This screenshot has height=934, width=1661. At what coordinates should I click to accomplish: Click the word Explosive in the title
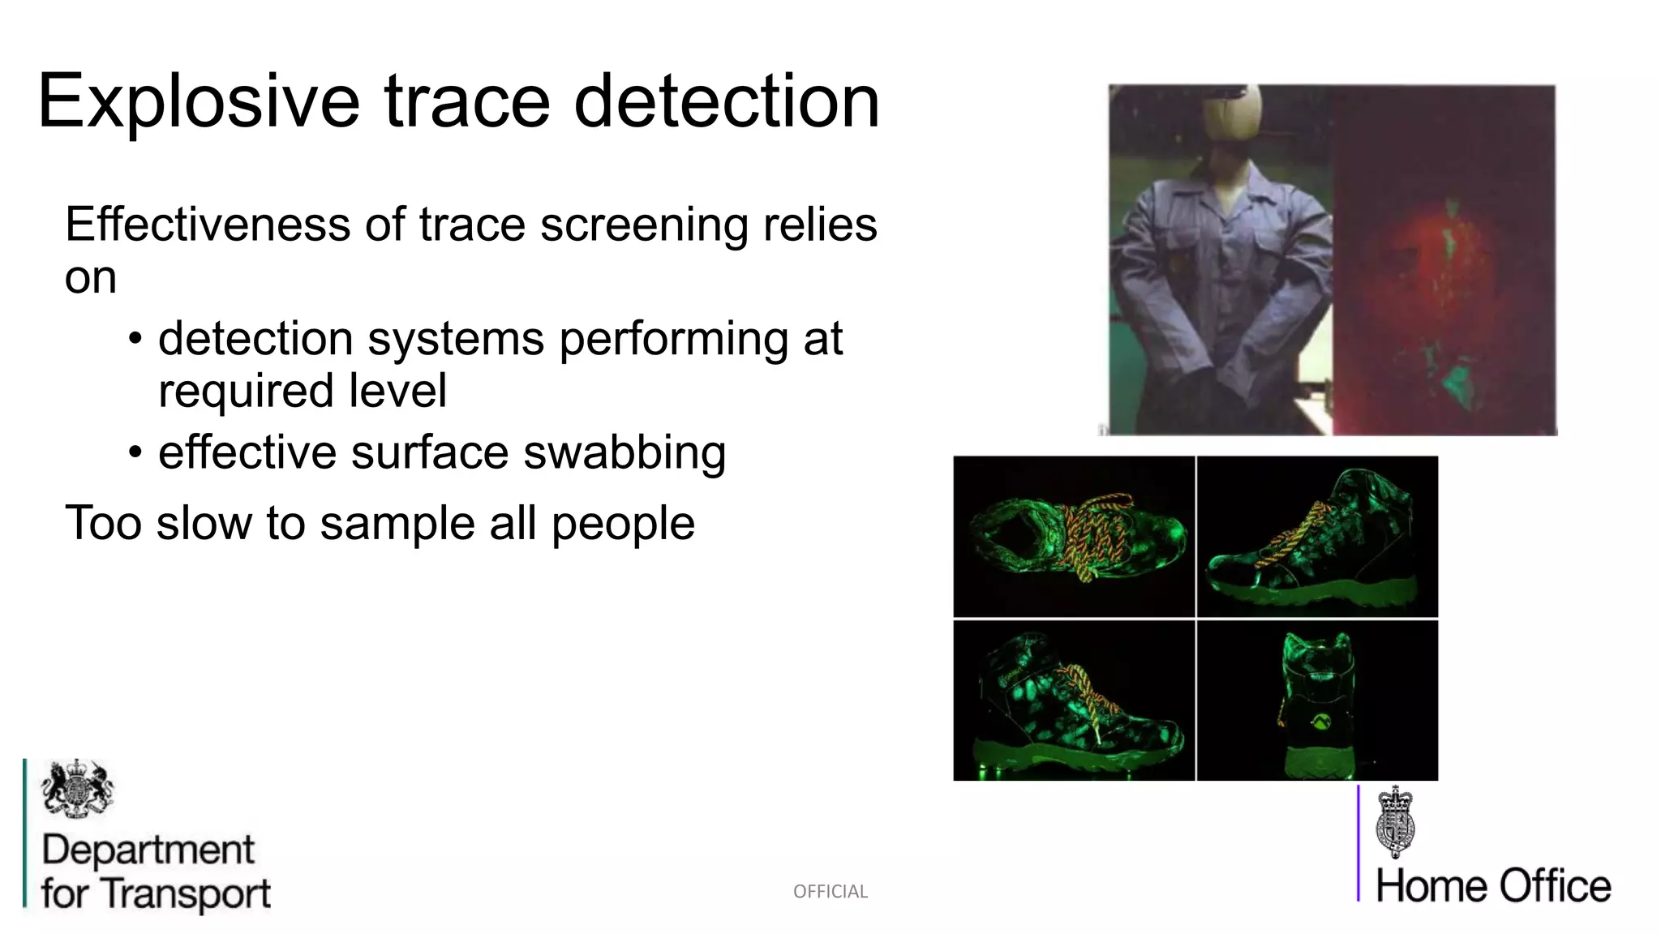click(198, 102)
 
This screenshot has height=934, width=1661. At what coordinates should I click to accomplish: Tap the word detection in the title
click(727, 102)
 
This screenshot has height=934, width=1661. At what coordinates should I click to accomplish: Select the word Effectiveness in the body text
click(207, 225)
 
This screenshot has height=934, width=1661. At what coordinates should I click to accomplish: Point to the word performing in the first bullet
click(673, 339)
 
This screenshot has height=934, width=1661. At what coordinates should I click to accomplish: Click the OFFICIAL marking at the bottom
click(830, 892)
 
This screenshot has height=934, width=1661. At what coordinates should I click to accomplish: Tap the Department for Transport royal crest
click(77, 788)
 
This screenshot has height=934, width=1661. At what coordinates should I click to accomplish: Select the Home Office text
click(1493, 886)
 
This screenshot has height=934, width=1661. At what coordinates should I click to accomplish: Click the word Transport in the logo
click(187, 894)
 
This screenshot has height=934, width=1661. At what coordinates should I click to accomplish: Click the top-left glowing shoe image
click(1074, 536)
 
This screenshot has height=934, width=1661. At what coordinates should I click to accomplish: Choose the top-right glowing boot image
click(1317, 536)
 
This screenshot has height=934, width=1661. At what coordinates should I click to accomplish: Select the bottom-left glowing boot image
click(1074, 700)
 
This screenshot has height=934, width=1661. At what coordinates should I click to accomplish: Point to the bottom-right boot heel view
click(1317, 700)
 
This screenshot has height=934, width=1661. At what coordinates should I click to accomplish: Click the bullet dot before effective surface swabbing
click(135, 452)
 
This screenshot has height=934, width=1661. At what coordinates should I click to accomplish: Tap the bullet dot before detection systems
click(135, 338)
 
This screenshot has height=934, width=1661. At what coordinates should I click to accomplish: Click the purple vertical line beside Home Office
click(1358, 843)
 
